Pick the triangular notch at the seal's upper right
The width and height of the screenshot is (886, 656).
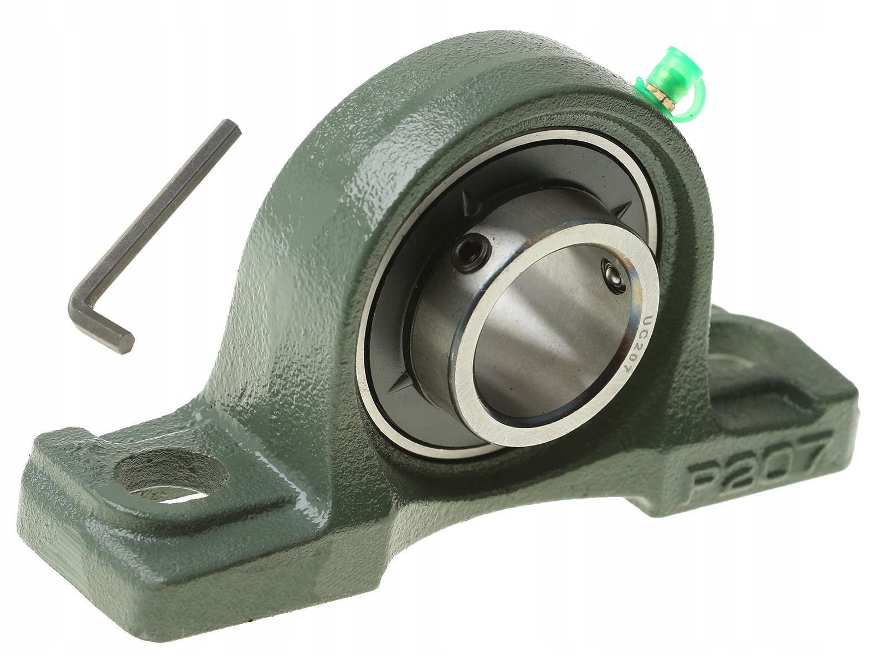click(x=624, y=208)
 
